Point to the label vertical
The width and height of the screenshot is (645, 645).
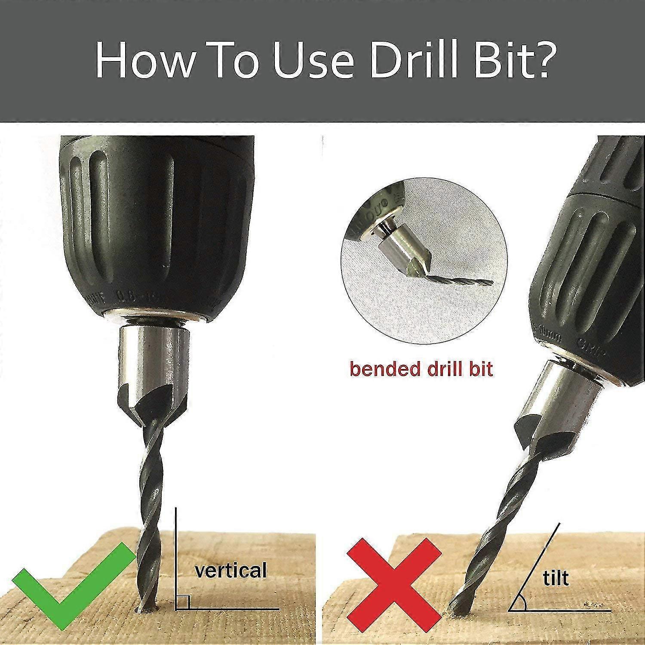[231, 570]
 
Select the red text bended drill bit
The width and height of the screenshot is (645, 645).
[421, 369]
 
